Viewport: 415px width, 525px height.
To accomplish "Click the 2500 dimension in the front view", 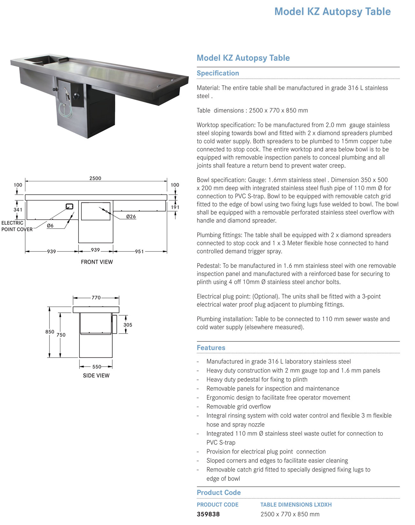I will point(95,178).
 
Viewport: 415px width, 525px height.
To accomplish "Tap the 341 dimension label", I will point(18,210).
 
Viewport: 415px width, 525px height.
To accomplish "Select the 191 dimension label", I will point(175,207).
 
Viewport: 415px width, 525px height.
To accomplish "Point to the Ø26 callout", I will point(131,216).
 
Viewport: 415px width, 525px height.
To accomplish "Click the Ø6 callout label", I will point(50,226).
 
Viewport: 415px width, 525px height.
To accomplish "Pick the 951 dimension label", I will point(139,252).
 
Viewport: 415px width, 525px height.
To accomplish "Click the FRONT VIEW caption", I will point(97,262).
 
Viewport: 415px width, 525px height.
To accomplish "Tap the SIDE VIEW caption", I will point(96,375).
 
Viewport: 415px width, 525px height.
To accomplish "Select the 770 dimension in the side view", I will point(96,298).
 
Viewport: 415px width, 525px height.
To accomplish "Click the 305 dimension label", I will point(128,325).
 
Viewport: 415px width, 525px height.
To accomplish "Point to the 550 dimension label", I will point(97,367).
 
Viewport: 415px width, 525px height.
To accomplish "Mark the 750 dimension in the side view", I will point(61,335).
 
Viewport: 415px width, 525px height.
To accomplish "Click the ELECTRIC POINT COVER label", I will point(17,226).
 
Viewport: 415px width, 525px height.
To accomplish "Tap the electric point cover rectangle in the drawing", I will point(69,207).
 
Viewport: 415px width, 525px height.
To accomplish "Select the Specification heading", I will point(218,73).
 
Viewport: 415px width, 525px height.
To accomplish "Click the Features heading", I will point(211,348).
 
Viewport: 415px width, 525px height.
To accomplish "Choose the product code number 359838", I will point(208,514).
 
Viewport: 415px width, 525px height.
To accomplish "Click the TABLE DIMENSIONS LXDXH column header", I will point(296,505).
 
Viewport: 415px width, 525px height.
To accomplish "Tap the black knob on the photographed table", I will point(76,96).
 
